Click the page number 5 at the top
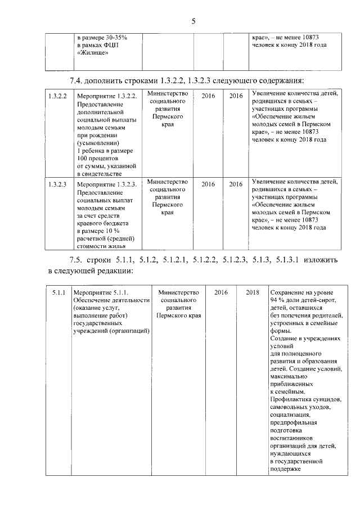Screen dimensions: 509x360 click(193, 21)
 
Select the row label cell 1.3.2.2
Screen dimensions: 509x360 click(57, 96)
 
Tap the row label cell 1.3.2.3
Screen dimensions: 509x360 click(57, 184)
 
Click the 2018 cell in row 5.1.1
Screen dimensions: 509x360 click(253, 292)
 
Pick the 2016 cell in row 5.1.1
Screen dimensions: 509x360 click(220, 292)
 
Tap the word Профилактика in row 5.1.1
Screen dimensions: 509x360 click(291, 399)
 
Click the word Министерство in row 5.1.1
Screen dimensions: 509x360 click(179, 292)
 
